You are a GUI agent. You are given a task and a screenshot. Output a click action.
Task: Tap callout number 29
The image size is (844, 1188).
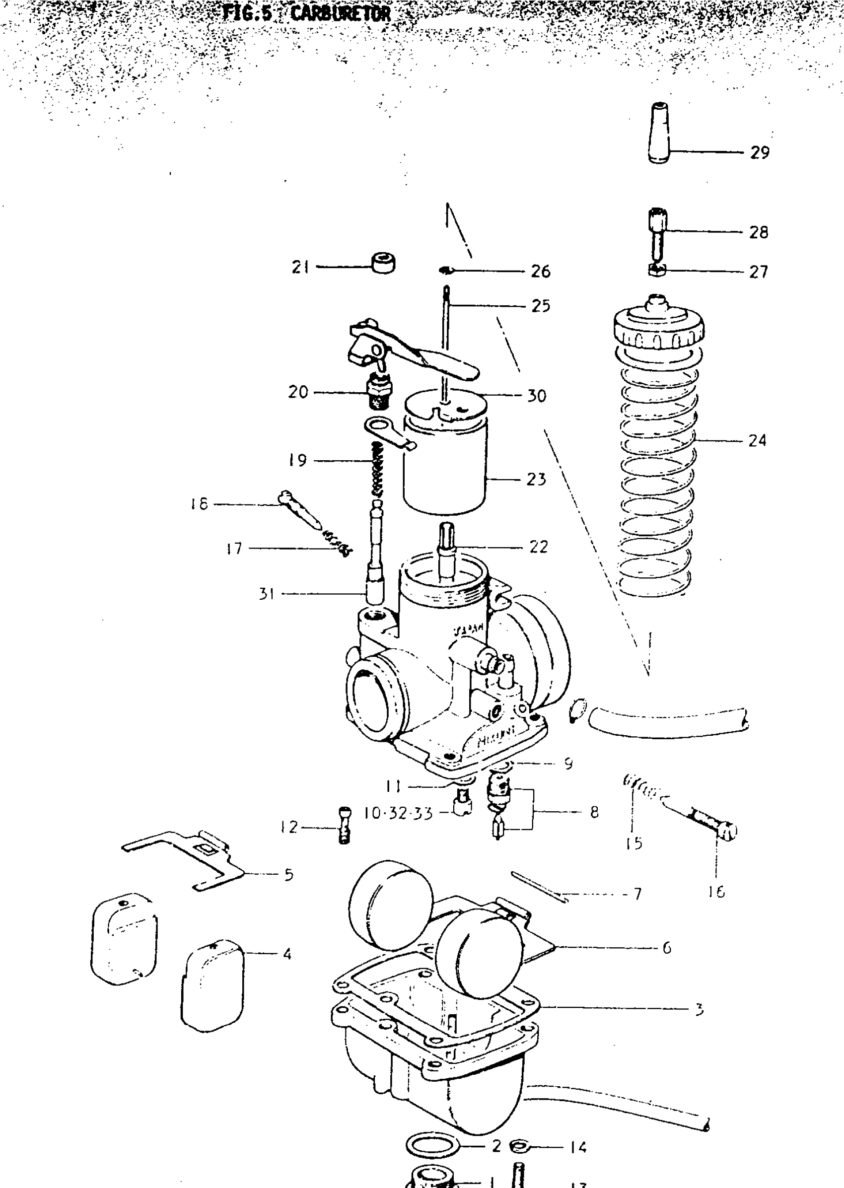point(759,153)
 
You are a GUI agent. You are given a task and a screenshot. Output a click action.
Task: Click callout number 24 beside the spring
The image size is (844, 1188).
point(757,441)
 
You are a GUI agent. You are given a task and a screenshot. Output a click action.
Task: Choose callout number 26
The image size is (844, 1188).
point(541,271)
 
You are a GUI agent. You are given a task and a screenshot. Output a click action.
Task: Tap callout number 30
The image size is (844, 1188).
point(537,396)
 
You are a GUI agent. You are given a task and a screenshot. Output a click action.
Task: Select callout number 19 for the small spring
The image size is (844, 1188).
point(298,460)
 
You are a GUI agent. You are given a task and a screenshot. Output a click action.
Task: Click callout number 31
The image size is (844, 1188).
point(267,593)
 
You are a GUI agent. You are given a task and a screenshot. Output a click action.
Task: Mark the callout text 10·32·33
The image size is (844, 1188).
point(398,813)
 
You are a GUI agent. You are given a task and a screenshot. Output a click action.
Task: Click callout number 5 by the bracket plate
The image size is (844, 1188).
point(289,875)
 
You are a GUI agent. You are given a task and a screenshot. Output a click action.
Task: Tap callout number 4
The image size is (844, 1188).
point(287,954)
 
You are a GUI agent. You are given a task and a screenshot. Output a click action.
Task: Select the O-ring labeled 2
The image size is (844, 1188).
point(432,1145)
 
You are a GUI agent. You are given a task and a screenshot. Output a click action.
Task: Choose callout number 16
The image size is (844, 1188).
point(716,892)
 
